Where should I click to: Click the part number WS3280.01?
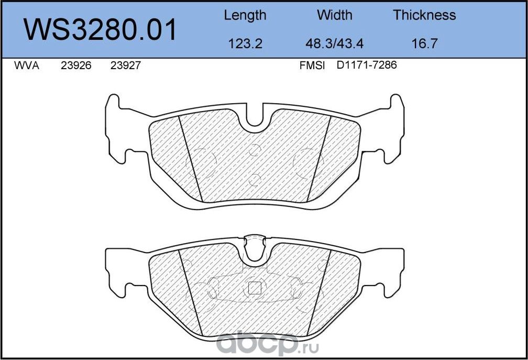(x=101, y=30)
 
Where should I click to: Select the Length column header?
(x=245, y=15)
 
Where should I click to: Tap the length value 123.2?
(x=245, y=43)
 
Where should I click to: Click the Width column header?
(x=335, y=15)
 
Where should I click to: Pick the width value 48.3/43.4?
(x=335, y=43)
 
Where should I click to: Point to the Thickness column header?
(x=424, y=15)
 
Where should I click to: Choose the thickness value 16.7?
(x=424, y=43)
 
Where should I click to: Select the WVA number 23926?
(x=76, y=66)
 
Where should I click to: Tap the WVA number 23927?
(x=125, y=66)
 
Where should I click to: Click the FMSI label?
(x=312, y=66)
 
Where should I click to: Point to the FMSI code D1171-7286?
(x=367, y=66)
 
